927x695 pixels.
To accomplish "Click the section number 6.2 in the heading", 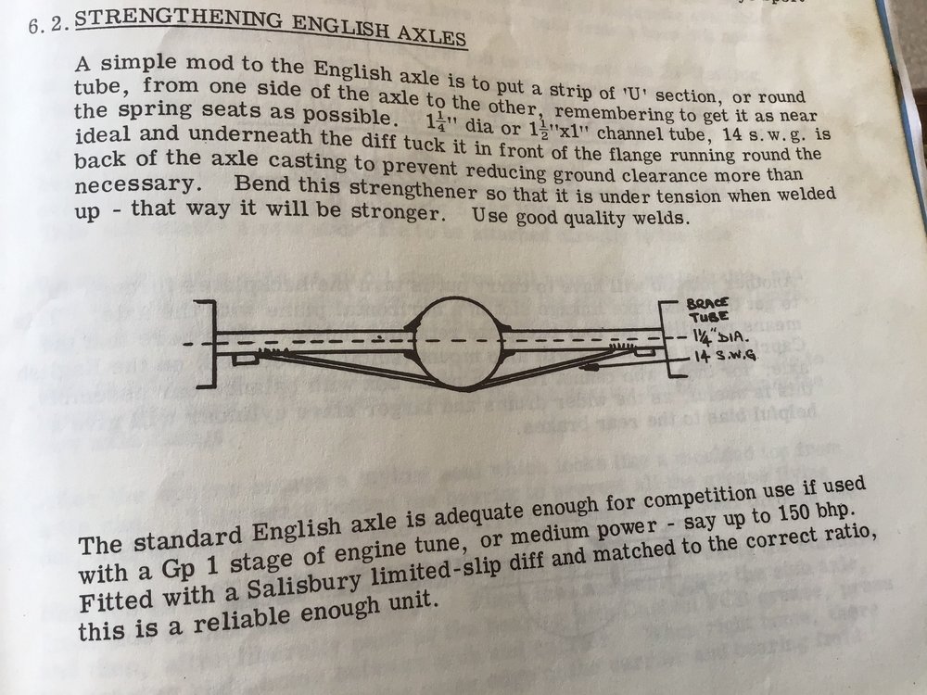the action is point(48,24).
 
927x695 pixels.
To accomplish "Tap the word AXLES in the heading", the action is point(431,35).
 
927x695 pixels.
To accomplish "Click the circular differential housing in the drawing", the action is point(459,343).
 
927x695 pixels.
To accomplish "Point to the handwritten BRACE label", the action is point(707,304).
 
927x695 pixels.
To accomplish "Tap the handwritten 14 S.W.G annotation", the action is point(725,355).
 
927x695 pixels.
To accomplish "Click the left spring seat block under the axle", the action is point(244,359).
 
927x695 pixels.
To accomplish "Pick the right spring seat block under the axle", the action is point(644,353).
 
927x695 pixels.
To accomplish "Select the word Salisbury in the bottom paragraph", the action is point(303,584).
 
